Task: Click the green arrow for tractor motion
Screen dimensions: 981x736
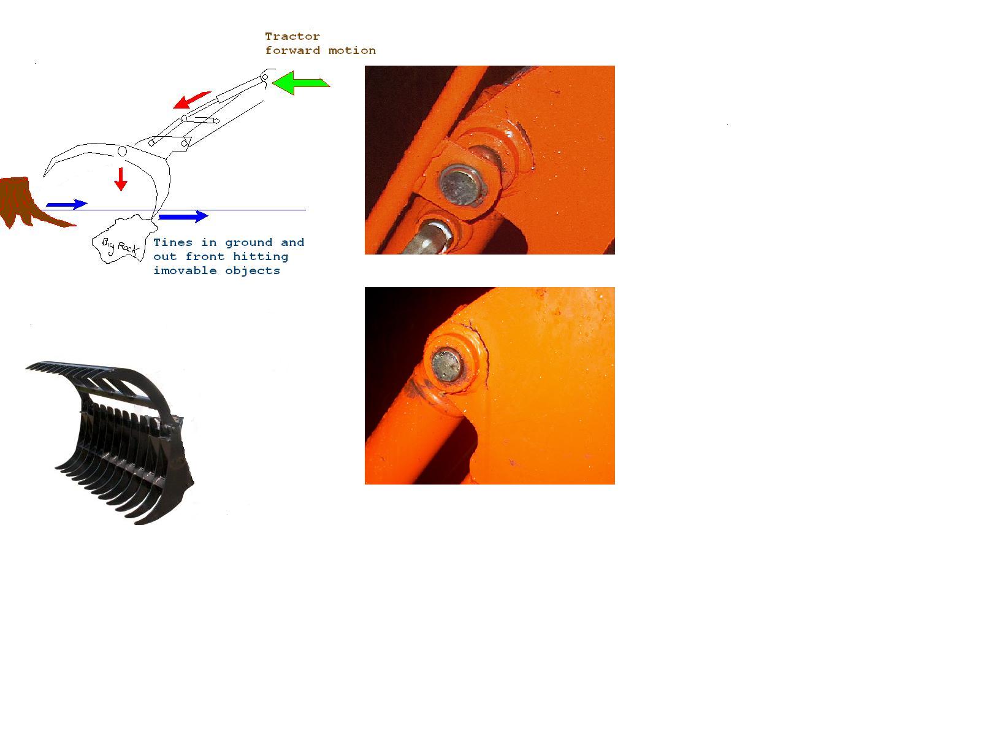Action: coord(300,83)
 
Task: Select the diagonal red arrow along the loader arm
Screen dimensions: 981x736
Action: coord(191,100)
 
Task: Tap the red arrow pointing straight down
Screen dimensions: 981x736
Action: coord(121,178)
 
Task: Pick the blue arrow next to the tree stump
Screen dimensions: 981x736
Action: coord(67,204)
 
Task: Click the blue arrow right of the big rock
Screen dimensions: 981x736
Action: coord(183,217)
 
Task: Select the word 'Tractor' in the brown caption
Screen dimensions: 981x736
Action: coord(292,36)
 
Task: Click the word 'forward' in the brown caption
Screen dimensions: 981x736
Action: coord(292,50)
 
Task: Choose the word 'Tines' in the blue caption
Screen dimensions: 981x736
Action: coord(173,242)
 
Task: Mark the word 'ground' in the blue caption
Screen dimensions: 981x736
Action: coord(248,243)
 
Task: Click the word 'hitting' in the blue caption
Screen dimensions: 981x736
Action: coord(261,257)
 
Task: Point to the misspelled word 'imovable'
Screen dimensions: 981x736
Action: coord(185,270)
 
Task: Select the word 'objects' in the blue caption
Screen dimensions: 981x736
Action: coord(253,271)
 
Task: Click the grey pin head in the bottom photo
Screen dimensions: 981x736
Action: coord(446,366)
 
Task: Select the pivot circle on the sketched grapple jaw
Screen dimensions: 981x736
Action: coord(122,151)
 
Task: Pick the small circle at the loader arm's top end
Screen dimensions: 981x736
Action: coord(265,77)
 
